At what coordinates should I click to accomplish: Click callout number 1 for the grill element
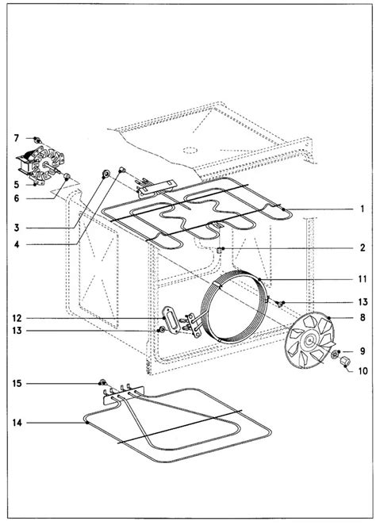(362, 209)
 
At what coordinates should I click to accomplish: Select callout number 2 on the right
(363, 247)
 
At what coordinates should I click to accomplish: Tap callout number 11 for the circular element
(363, 279)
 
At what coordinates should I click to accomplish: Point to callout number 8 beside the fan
(363, 317)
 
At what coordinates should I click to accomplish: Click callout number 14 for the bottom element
(17, 423)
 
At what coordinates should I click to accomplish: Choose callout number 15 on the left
(17, 383)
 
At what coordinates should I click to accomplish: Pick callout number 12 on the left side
(17, 318)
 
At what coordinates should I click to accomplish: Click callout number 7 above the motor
(17, 138)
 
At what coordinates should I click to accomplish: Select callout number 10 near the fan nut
(363, 370)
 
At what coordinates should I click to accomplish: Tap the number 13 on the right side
(363, 302)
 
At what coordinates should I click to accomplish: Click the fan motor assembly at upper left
(40, 165)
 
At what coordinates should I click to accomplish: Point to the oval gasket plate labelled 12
(171, 320)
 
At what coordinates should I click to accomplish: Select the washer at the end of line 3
(106, 174)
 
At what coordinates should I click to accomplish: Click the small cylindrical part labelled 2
(220, 250)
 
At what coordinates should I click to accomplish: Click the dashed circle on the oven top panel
(190, 151)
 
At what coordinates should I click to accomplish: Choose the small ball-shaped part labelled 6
(67, 176)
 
